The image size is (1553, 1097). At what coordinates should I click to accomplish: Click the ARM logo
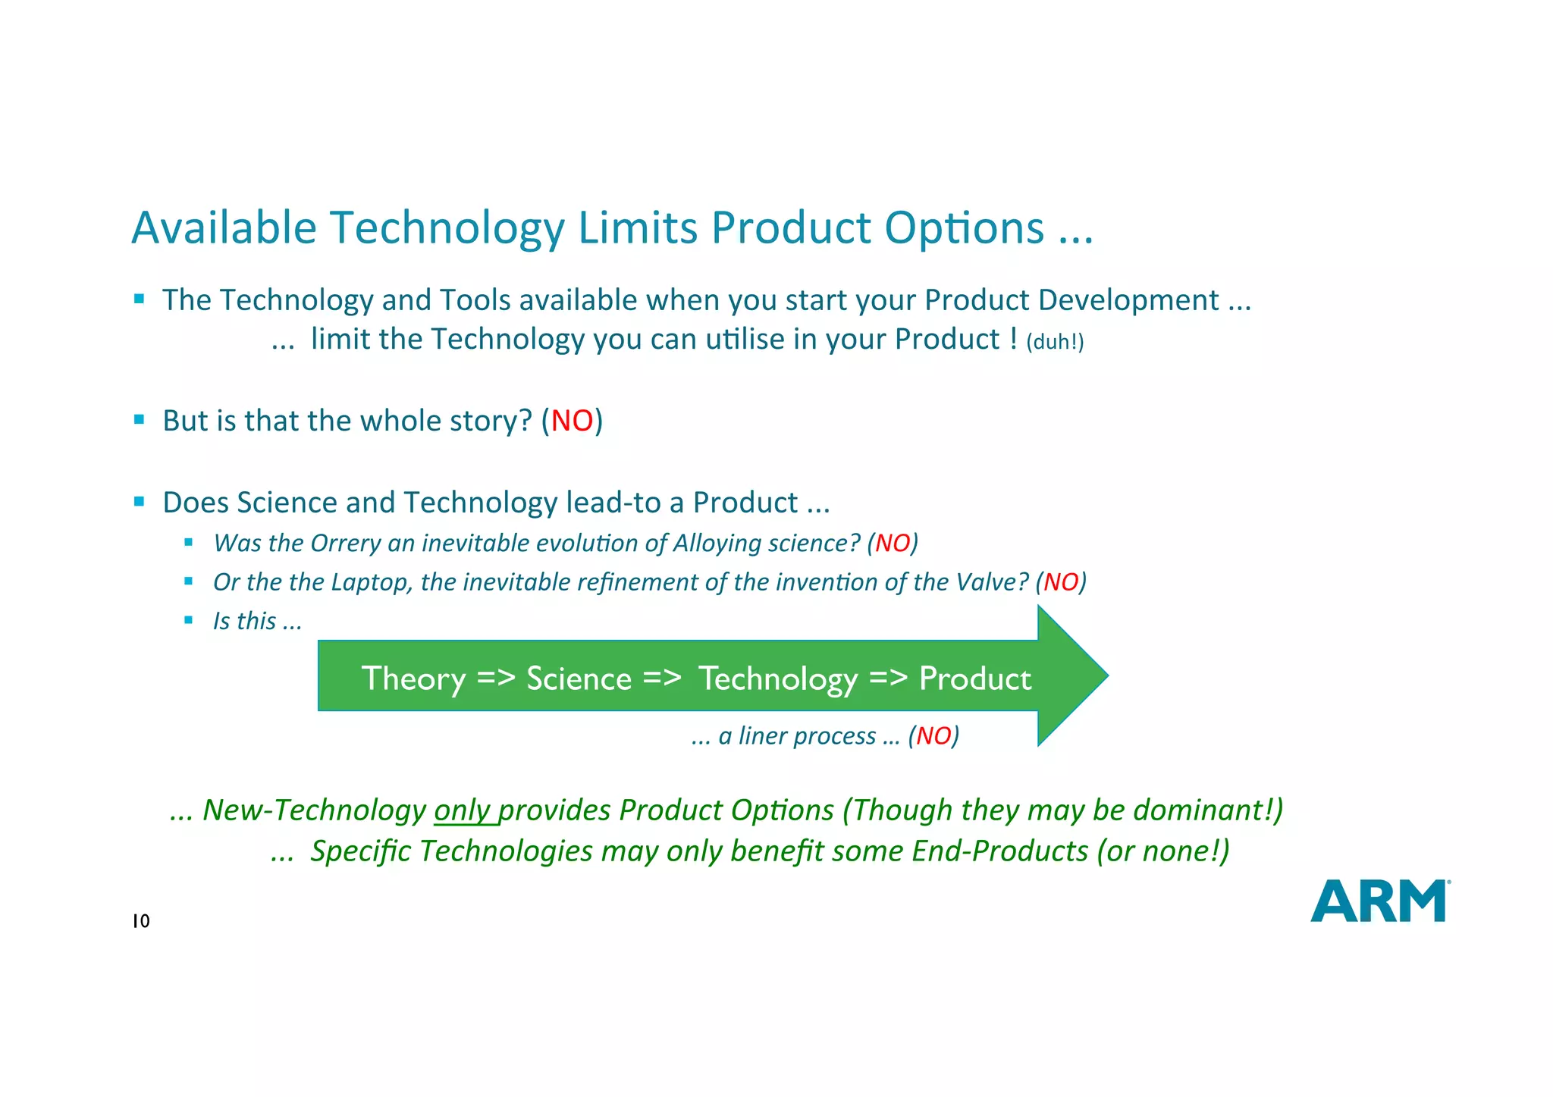click(x=1379, y=901)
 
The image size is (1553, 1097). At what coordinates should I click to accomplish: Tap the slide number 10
click(x=141, y=921)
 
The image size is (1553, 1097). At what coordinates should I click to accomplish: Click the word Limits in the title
click(x=637, y=227)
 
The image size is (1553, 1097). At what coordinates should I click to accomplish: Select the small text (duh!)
click(x=1055, y=342)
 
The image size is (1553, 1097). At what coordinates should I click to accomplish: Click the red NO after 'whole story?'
click(x=572, y=421)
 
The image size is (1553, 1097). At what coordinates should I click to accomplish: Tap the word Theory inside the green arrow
click(x=413, y=679)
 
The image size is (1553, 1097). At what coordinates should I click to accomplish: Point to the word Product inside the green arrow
click(x=975, y=679)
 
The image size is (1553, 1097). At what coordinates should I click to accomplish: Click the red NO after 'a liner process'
click(x=933, y=735)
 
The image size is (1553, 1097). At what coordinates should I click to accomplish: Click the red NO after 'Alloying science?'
click(x=893, y=543)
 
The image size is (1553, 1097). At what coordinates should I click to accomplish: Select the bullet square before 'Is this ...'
click(x=189, y=620)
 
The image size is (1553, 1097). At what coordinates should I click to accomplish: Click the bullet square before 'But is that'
click(x=139, y=419)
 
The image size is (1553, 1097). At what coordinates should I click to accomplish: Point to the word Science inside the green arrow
click(x=579, y=679)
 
